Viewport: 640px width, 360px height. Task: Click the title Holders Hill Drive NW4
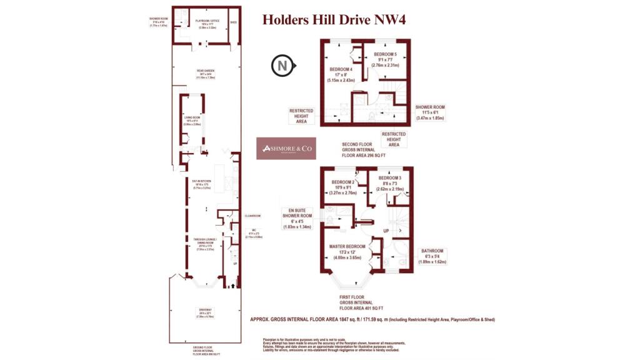pyautogui.click(x=334, y=19)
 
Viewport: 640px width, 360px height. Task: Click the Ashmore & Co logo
pyautogui.click(x=286, y=149)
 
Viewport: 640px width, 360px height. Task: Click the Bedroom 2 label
pyautogui.click(x=342, y=186)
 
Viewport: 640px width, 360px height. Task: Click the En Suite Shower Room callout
pyautogui.click(x=296, y=218)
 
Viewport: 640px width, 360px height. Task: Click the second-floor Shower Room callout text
pyautogui.click(x=430, y=111)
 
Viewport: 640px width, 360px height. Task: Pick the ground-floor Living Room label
pyautogui.click(x=191, y=121)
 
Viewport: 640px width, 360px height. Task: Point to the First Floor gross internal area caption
pyautogui.click(x=361, y=304)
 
